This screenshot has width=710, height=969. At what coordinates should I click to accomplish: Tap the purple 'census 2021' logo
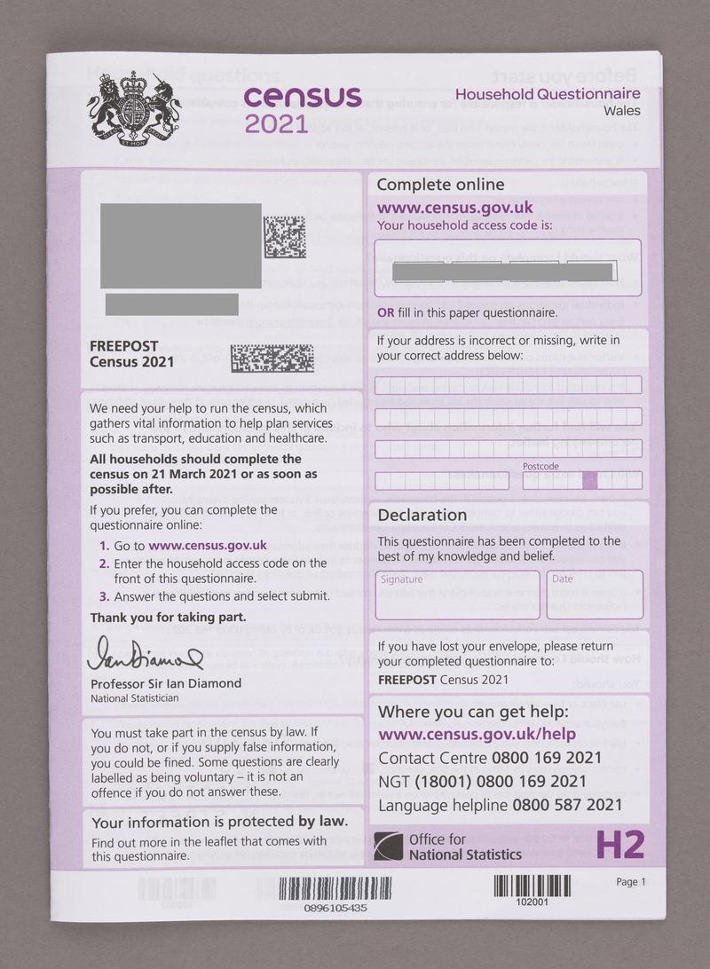pyautogui.click(x=301, y=108)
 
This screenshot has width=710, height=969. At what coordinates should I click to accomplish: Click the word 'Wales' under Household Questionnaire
pyautogui.click(x=621, y=111)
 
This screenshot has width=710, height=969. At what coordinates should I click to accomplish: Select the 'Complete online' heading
pyautogui.click(x=440, y=185)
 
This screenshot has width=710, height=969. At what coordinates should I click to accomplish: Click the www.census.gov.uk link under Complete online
pyautogui.click(x=454, y=208)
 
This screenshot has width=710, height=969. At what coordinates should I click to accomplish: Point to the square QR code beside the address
pyautogui.click(x=285, y=236)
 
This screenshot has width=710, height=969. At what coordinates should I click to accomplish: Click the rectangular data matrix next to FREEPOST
pyautogui.click(x=272, y=358)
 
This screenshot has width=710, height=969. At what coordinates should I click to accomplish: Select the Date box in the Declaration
pyautogui.click(x=594, y=595)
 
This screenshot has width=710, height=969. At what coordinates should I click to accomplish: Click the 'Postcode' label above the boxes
pyautogui.click(x=540, y=466)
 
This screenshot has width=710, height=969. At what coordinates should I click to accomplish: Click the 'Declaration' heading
pyautogui.click(x=422, y=515)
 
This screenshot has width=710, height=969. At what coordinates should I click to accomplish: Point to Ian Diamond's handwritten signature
pyautogui.click(x=144, y=655)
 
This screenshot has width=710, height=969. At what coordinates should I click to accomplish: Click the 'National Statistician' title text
pyautogui.click(x=134, y=698)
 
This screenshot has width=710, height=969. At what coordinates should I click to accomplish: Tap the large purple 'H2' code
pyautogui.click(x=619, y=845)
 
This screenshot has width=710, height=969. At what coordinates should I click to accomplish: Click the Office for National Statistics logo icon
pyautogui.click(x=388, y=847)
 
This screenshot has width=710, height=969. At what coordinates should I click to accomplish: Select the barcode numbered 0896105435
pyautogui.click(x=335, y=888)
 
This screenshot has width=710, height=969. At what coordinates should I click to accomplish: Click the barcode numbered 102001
pyautogui.click(x=532, y=886)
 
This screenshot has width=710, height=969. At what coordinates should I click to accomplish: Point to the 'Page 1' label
pyautogui.click(x=631, y=882)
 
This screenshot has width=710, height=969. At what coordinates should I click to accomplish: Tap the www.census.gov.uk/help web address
pyautogui.click(x=477, y=735)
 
